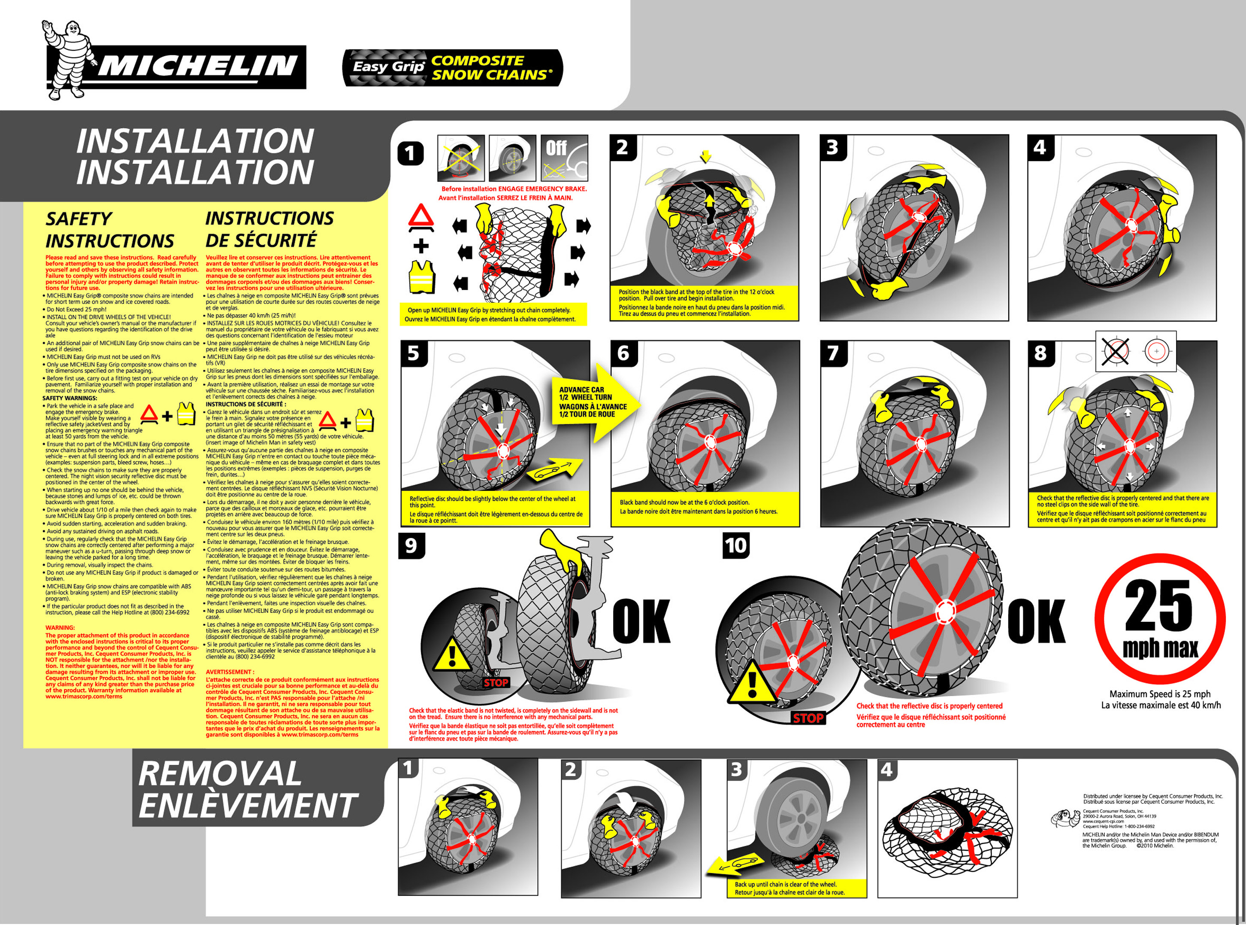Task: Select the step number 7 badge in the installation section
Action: (x=833, y=353)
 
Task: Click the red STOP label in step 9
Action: (x=496, y=682)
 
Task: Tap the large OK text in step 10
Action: (x=1036, y=621)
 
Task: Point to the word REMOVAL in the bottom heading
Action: (x=219, y=774)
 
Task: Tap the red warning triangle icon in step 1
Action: (x=421, y=218)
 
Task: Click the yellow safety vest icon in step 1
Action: (x=422, y=277)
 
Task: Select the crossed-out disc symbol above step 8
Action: (x=1116, y=352)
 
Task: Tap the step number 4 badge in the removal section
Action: (x=887, y=770)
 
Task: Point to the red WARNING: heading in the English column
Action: (x=60, y=628)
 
